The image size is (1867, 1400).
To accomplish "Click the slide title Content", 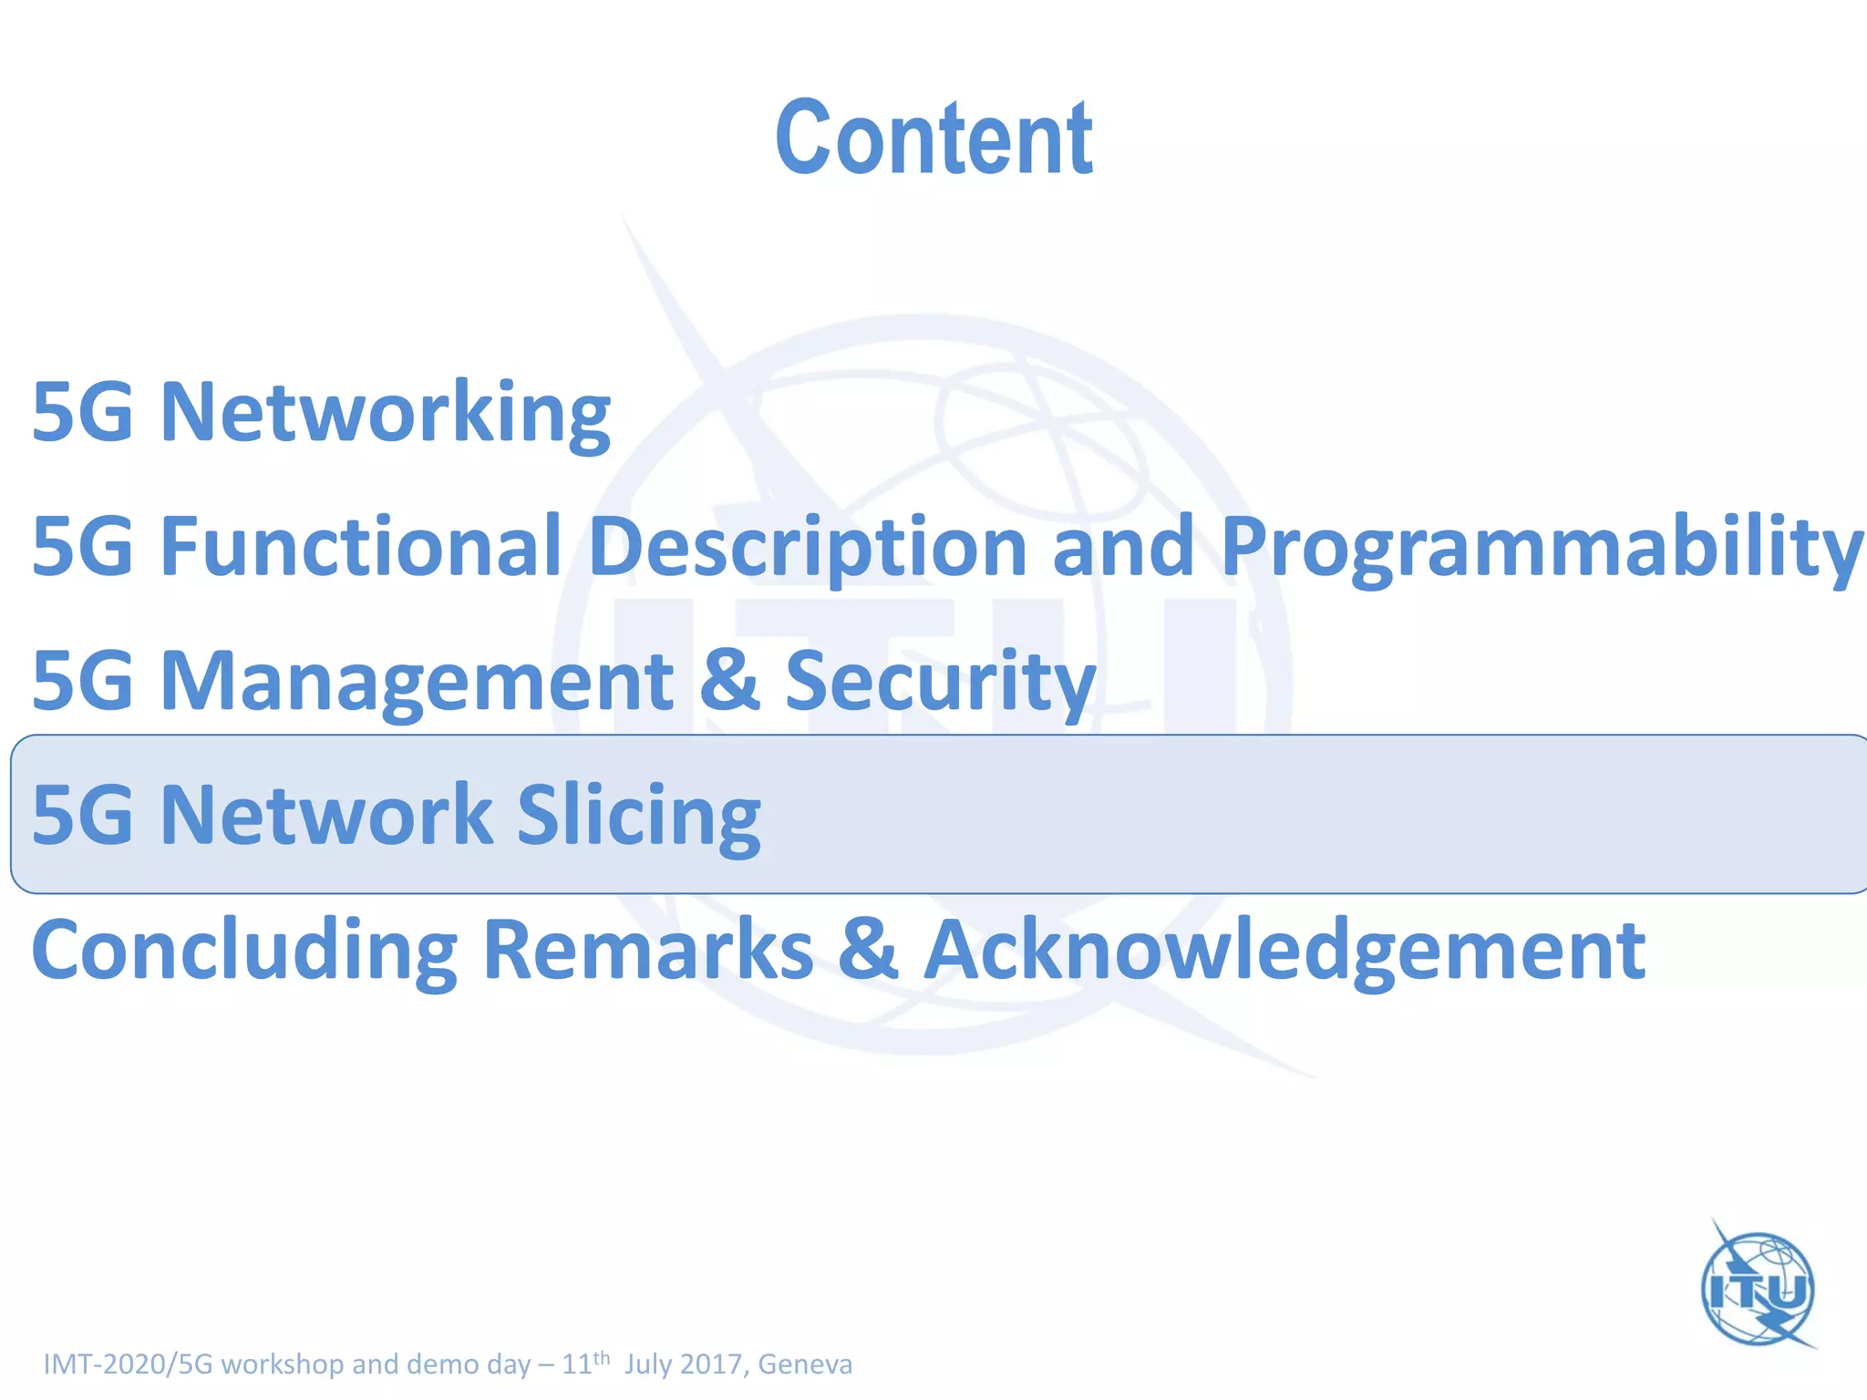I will pyautogui.click(x=933, y=139).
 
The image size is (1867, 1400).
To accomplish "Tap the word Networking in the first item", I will pyautogui.click(x=385, y=412).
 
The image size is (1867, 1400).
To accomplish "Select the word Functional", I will pyautogui.click(x=361, y=546).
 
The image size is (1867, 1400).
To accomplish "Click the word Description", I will pyautogui.click(x=809, y=546).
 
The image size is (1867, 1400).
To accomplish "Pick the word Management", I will pyautogui.click(x=417, y=681).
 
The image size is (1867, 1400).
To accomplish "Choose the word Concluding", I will pyautogui.click(x=244, y=950).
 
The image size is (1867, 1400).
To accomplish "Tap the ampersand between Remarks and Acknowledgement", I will pyautogui.click(x=868, y=950).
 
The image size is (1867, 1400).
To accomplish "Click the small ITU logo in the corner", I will pyautogui.click(x=1759, y=1286).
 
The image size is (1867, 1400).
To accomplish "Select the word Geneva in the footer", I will pyautogui.click(x=805, y=1364).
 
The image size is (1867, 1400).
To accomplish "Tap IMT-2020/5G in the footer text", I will pyautogui.click(x=128, y=1364).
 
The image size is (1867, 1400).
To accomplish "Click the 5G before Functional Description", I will pyautogui.click(x=83, y=546).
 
